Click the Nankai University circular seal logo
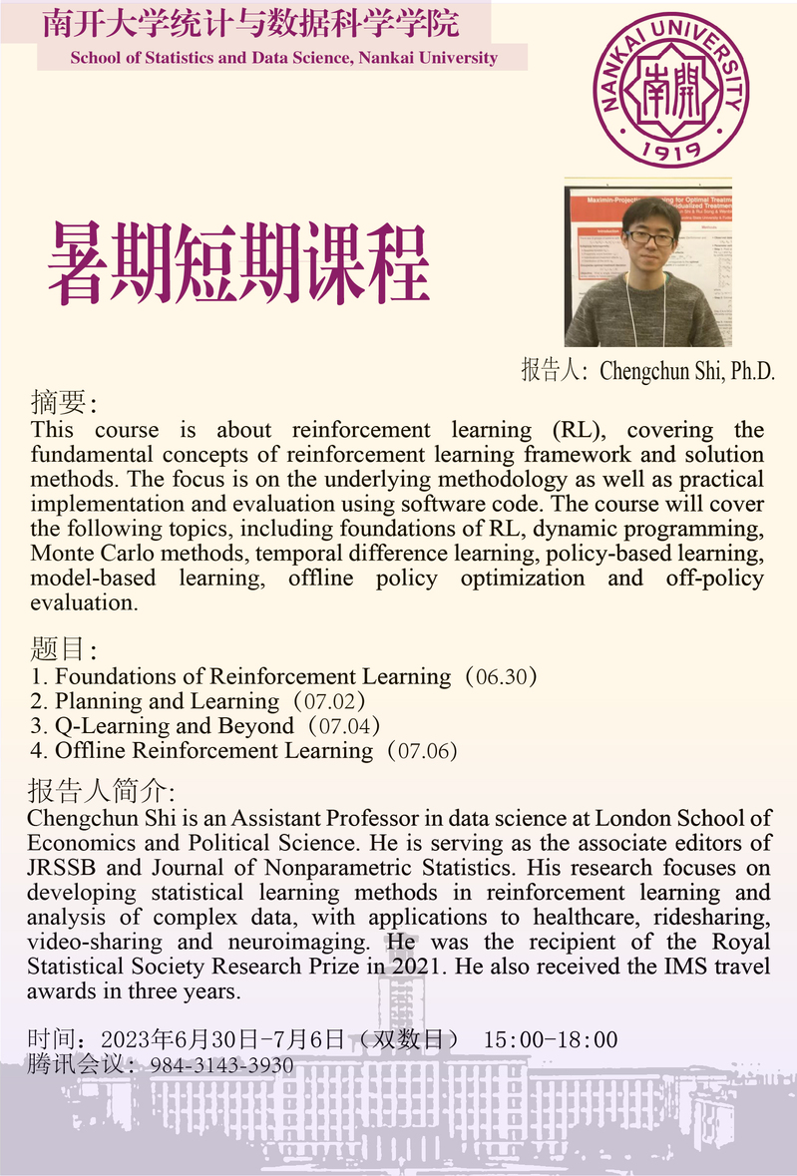coord(673,89)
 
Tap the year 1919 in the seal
coord(673,149)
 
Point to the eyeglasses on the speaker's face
coord(649,238)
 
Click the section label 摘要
coord(62,403)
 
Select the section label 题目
coord(62,650)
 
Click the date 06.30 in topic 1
coord(502,677)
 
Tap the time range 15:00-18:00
coord(551,1040)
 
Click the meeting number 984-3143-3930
coord(221,1065)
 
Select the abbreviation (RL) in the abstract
coord(574,431)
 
